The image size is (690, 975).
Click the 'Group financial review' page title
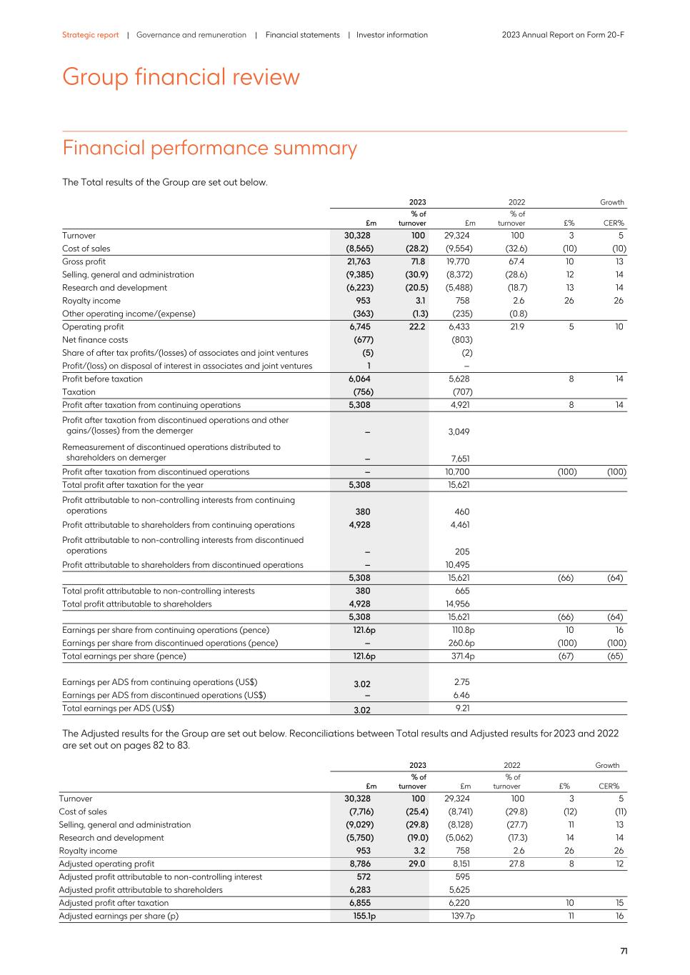[181, 77]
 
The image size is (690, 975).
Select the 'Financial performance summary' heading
[209, 148]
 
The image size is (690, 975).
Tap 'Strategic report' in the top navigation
[90, 35]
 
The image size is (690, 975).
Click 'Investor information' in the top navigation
[391, 35]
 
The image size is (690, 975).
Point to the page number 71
[624, 951]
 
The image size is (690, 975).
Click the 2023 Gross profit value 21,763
[359, 261]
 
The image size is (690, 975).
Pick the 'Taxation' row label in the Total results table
[79, 391]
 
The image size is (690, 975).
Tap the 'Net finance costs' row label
[95, 340]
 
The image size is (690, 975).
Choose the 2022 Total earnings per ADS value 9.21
[461, 709]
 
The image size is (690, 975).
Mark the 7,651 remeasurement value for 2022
[459, 459]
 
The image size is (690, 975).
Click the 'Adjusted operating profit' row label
[106, 864]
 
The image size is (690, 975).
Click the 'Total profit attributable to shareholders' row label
[137, 604]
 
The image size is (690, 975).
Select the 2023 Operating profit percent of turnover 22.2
[417, 326]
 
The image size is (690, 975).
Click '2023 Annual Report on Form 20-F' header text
[563, 35]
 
